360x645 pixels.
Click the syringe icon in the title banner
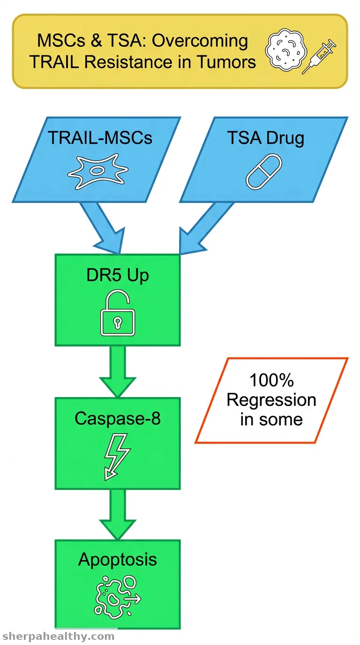319,56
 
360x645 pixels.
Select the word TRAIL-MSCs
100,137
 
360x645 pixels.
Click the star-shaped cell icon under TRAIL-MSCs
97,171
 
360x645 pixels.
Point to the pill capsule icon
264,172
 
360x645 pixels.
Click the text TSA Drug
265,138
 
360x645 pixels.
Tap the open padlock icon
118,313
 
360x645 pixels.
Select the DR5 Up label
118,275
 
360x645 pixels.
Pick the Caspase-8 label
118,418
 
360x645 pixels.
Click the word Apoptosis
118,560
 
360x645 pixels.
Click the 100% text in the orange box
271,380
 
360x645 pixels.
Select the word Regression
271,400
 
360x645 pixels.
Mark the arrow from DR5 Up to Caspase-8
118,371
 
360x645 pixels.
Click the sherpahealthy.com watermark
59,636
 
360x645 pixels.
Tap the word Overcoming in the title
200,41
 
